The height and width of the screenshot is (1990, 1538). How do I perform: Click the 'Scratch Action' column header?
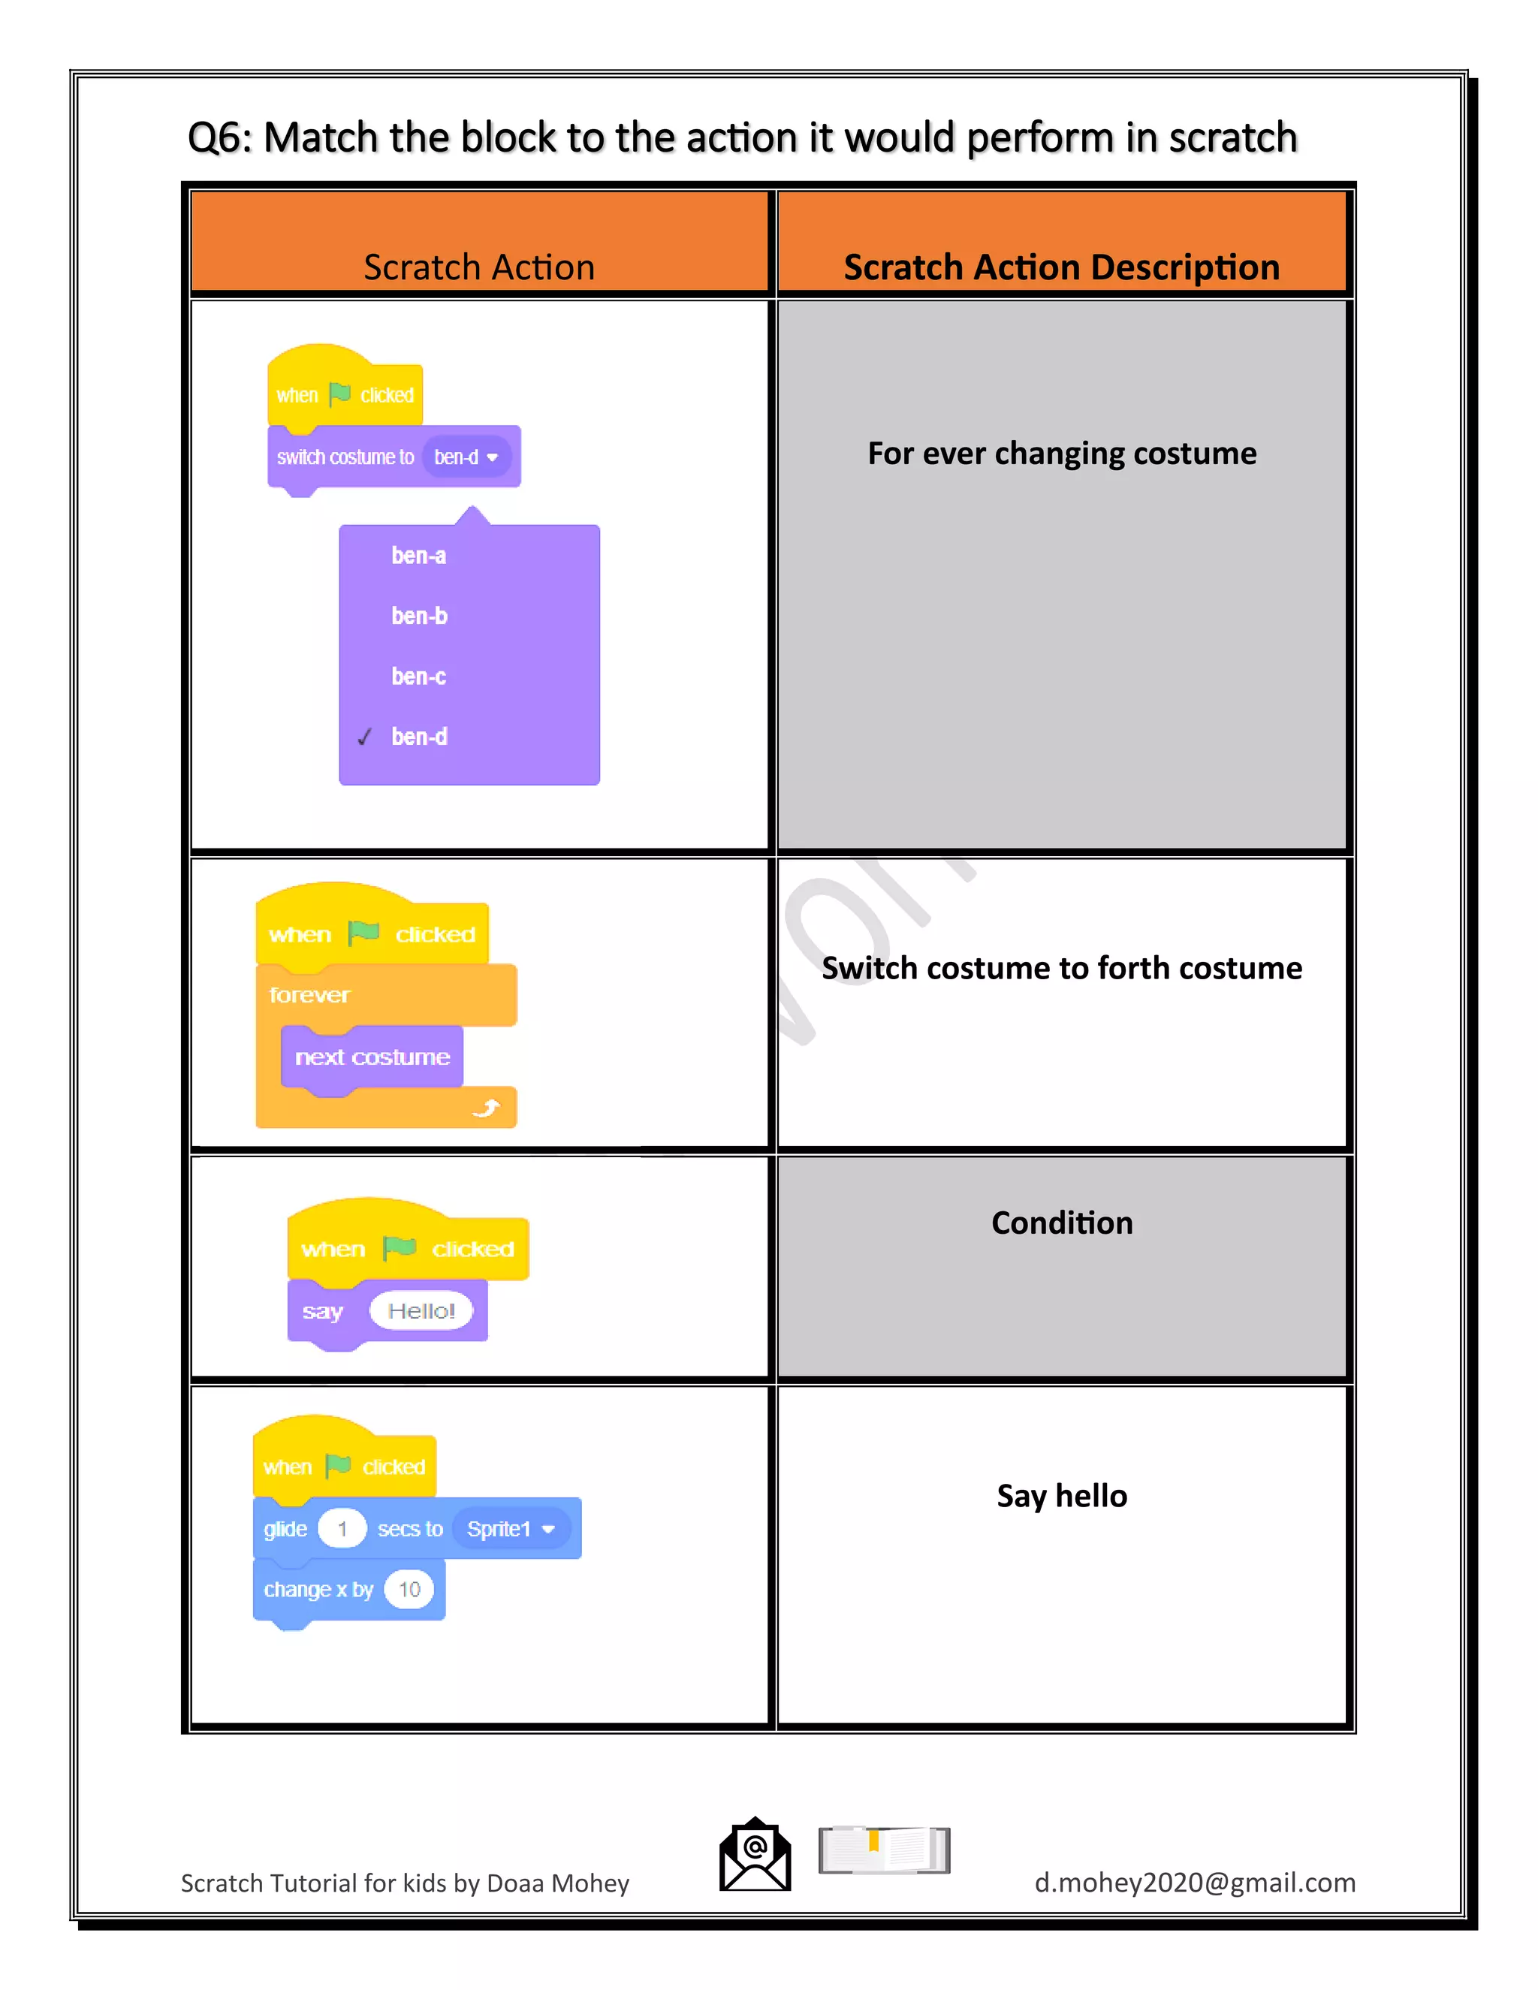pyautogui.click(x=479, y=267)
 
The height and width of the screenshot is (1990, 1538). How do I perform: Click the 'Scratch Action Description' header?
pyautogui.click(x=1061, y=267)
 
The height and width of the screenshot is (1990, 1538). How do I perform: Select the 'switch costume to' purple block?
pyautogui.click(x=345, y=457)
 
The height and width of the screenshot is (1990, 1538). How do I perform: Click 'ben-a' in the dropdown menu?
pyautogui.click(x=418, y=556)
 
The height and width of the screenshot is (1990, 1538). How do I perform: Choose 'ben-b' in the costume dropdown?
pyautogui.click(x=419, y=616)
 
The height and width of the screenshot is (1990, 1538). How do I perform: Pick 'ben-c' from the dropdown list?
pyautogui.click(x=418, y=676)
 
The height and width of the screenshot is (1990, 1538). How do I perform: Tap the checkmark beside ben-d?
pyautogui.click(x=364, y=736)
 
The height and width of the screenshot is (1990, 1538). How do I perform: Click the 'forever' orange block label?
pyautogui.click(x=310, y=995)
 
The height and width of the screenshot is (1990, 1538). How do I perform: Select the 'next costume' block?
pyautogui.click(x=372, y=1057)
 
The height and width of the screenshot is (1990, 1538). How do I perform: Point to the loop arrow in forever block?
pyautogui.click(x=487, y=1107)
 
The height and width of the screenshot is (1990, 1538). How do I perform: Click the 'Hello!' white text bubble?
pyautogui.click(x=421, y=1310)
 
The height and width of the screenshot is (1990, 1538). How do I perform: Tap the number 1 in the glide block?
pyautogui.click(x=342, y=1528)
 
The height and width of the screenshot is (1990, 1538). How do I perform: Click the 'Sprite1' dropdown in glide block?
pyautogui.click(x=510, y=1528)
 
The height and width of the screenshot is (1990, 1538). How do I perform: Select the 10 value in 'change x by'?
pyautogui.click(x=409, y=1589)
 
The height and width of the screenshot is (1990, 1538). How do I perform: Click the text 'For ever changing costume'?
pyautogui.click(x=1061, y=453)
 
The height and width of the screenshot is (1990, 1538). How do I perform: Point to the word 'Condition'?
pyautogui.click(x=1061, y=1223)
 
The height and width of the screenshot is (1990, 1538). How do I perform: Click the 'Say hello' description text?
pyautogui.click(x=1061, y=1495)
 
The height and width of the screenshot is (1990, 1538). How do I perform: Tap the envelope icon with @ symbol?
pyautogui.click(x=755, y=1855)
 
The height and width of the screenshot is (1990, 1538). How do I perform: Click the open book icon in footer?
pyautogui.click(x=884, y=1850)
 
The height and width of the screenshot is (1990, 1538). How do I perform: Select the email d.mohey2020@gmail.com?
pyautogui.click(x=1195, y=1883)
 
